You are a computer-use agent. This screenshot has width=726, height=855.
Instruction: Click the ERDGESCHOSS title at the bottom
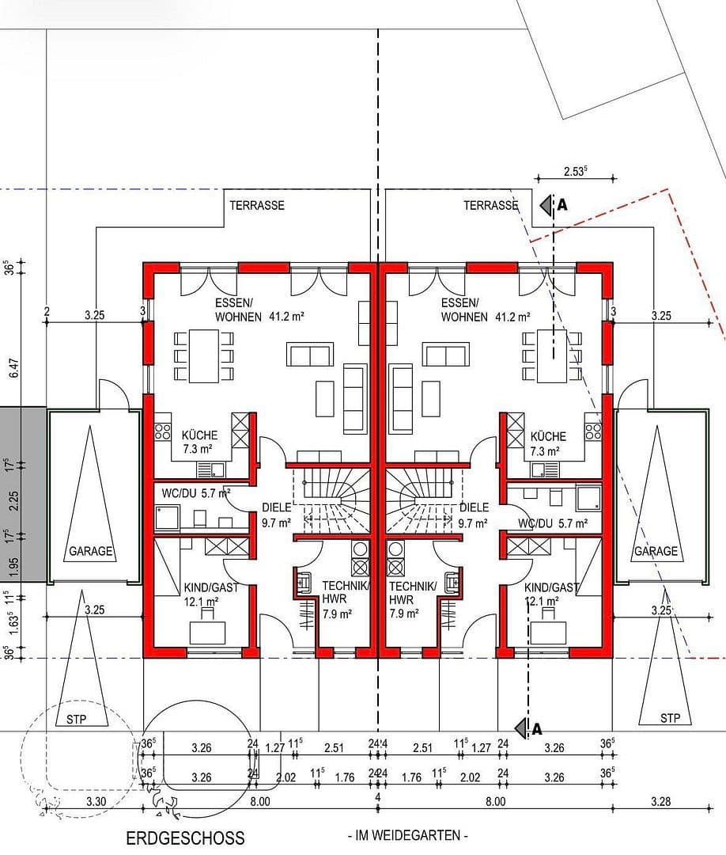185,838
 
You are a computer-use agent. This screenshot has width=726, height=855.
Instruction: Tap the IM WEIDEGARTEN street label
407,835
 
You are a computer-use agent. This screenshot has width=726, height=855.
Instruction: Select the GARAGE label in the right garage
655,552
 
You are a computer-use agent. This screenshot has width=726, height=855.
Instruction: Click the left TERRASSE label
257,205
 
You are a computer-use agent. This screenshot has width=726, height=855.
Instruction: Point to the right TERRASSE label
490,205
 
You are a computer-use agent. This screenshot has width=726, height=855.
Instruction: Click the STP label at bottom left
77,719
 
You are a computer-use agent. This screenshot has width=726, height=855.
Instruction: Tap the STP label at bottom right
670,719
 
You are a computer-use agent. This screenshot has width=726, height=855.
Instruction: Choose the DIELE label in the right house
474,507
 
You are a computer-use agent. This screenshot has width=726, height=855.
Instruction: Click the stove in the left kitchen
164,431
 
